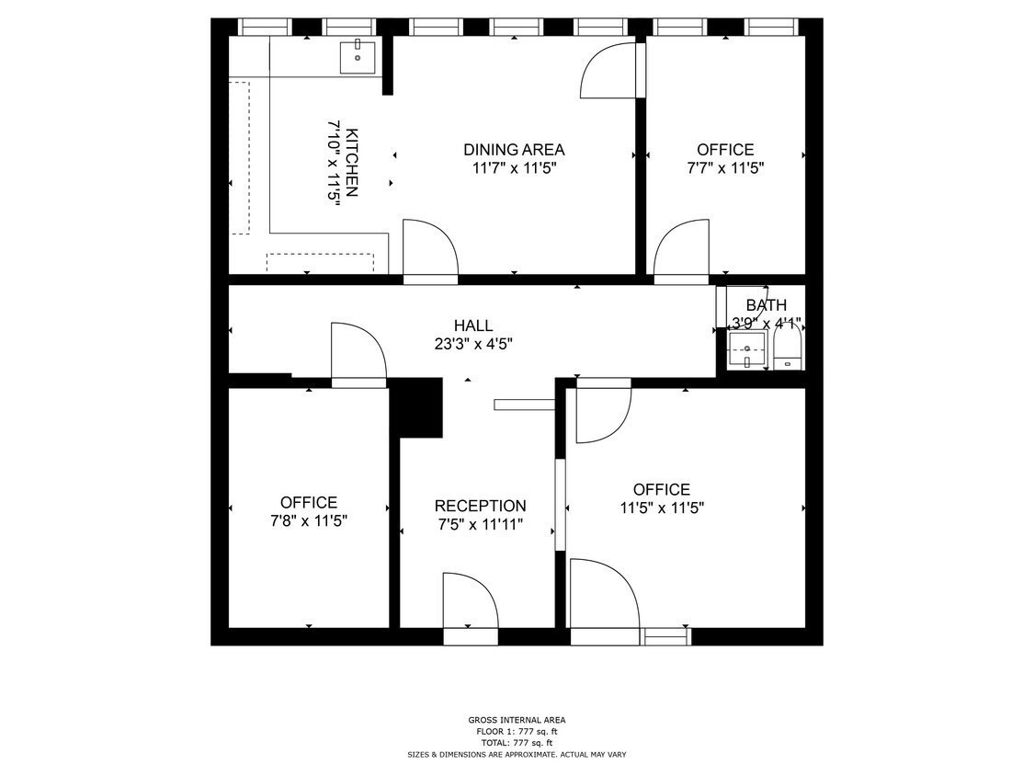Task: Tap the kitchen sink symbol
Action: (x=358, y=57)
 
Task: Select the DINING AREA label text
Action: (x=514, y=150)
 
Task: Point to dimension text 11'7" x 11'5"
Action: (x=514, y=168)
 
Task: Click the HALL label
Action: (x=473, y=325)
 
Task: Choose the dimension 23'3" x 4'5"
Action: (x=473, y=344)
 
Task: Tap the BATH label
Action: (x=766, y=305)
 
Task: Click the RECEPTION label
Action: (x=480, y=507)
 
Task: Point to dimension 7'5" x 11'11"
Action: (x=480, y=525)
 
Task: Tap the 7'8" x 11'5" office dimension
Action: (x=309, y=521)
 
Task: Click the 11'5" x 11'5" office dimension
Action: (x=661, y=508)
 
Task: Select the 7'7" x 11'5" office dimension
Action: (x=725, y=168)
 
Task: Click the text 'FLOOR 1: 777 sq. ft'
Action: (x=517, y=732)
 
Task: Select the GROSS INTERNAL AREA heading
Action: (x=517, y=720)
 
